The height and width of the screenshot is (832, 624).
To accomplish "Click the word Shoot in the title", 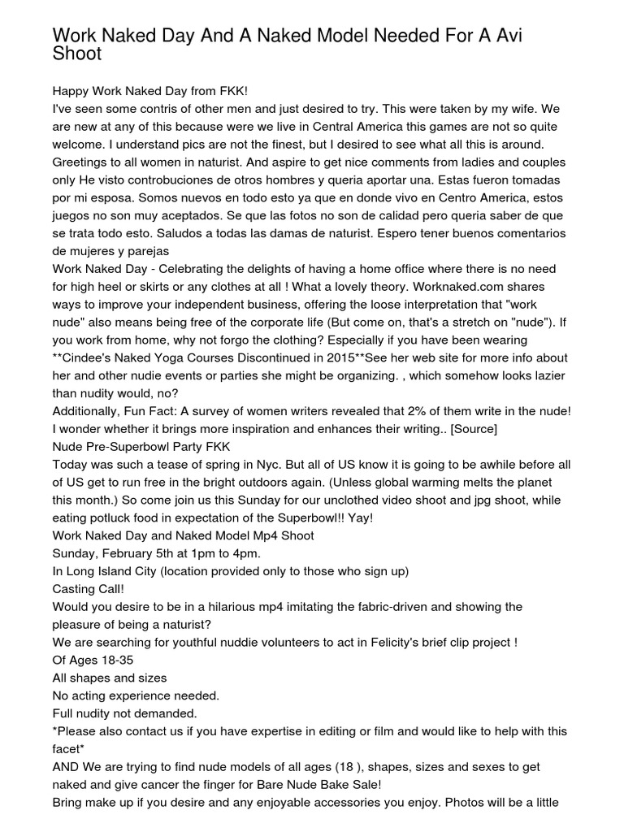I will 77,54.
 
